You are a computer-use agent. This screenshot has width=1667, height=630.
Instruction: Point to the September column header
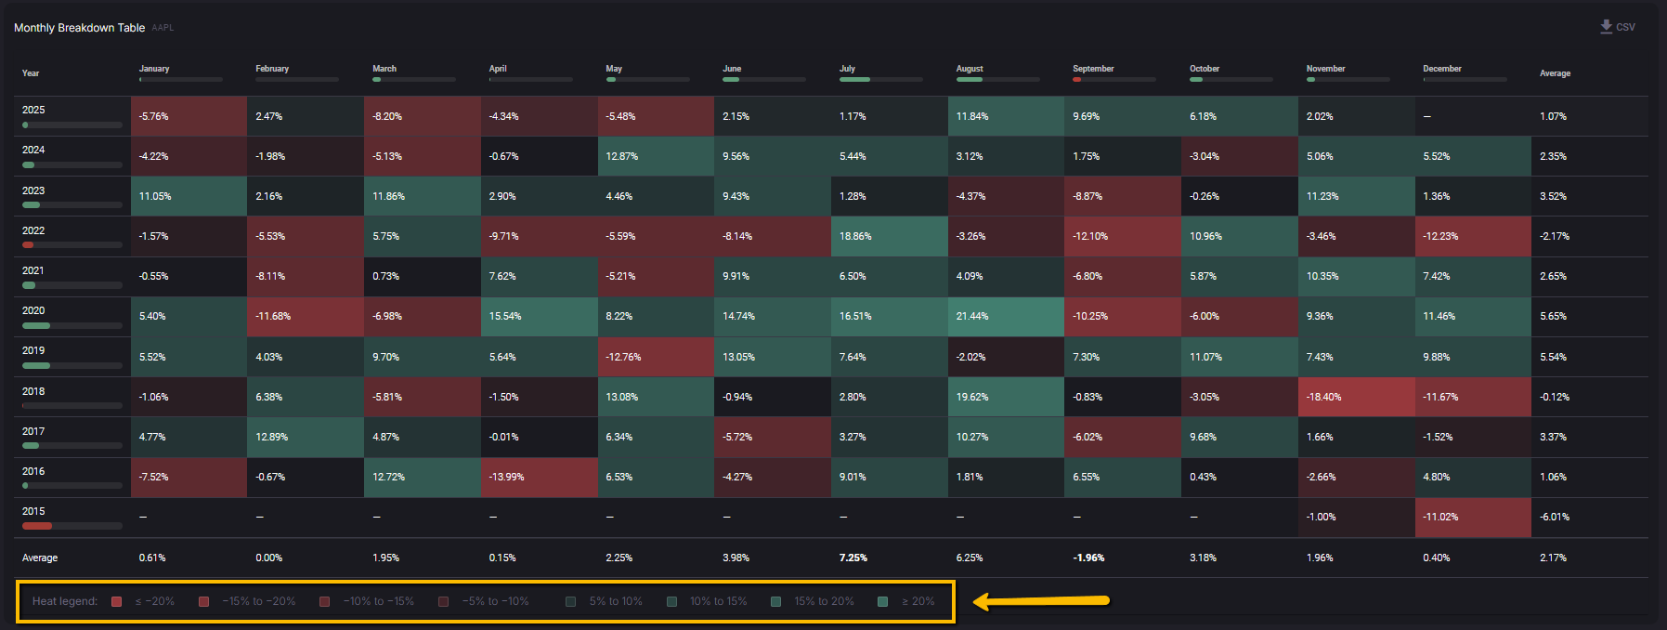click(x=1093, y=69)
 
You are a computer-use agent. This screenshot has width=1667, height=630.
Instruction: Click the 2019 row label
click(x=33, y=351)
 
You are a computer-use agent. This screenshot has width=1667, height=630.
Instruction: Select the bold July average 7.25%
click(x=853, y=558)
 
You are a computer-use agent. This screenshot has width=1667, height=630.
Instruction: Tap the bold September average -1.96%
click(x=1088, y=558)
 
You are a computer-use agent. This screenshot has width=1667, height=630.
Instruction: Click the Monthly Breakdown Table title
click(x=79, y=28)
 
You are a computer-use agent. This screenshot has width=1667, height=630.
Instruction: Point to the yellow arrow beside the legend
click(x=1041, y=601)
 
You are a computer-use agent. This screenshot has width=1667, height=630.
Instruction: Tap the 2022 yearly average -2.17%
click(x=1554, y=237)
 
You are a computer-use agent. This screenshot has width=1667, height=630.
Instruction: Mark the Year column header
click(x=31, y=73)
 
